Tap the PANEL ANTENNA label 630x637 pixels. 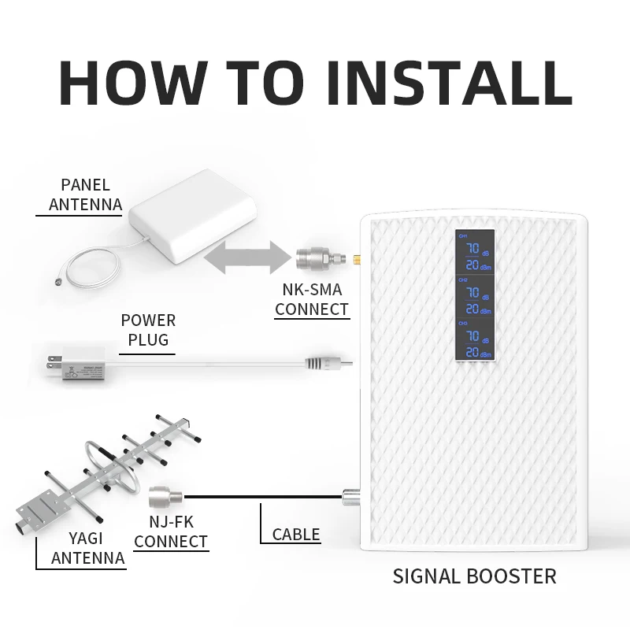tap(85, 195)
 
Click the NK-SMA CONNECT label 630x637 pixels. tap(312, 299)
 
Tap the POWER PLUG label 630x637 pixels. tap(148, 331)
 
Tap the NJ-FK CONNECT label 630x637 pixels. tap(171, 531)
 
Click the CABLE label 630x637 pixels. tap(296, 535)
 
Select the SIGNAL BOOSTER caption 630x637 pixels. tap(474, 576)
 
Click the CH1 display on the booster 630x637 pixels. tap(475, 251)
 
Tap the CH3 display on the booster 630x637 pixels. tap(475, 339)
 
